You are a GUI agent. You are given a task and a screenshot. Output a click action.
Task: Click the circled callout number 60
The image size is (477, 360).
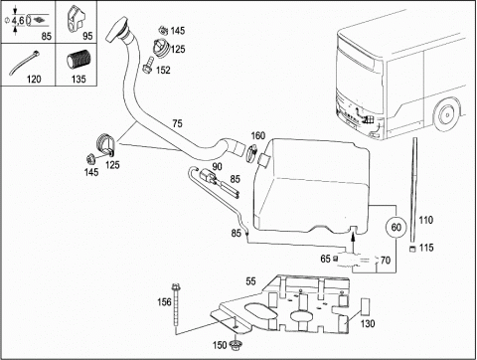tap(397, 227)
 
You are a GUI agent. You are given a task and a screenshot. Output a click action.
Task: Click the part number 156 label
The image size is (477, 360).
tap(164, 302)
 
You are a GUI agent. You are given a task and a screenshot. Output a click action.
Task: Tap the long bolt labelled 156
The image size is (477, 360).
tap(175, 304)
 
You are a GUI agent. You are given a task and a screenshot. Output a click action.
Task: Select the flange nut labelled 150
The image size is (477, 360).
tap(236, 345)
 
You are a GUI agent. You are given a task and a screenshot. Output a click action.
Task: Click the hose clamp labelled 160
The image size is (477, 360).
tap(252, 154)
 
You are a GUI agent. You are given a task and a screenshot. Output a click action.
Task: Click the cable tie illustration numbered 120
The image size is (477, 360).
tap(24, 63)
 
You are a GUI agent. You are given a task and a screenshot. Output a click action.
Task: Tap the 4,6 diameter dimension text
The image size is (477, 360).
tap(18, 21)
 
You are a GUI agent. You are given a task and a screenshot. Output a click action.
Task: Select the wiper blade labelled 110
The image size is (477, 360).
tap(413, 191)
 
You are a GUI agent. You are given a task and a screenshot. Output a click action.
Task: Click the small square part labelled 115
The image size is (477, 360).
tap(412, 249)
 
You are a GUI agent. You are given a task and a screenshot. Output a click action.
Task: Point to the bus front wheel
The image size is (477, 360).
tap(446, 115)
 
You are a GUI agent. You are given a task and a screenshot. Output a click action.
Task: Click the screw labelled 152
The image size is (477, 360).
tap(147, 65)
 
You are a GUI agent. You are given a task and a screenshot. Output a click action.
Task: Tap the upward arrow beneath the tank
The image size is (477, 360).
tap(353, 241)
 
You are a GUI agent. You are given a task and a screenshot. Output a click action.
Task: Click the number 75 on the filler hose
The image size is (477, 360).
tap(177, 123)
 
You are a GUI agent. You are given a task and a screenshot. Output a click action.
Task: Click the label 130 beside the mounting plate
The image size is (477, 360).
tap(368, 323)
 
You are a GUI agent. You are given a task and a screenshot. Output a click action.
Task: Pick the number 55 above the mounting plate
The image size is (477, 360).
tap(250, 281)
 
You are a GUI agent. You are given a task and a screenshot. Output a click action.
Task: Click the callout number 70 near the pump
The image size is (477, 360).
tap(386, 261)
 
